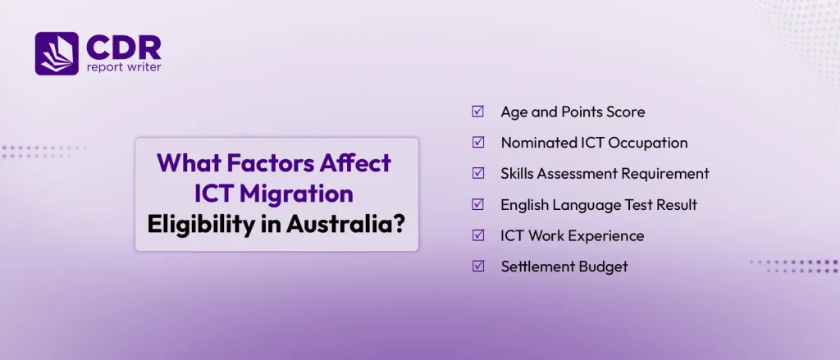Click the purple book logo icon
pyautogui.click(x=57, y=53)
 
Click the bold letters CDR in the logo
pyautogui.click(x=124, y=48)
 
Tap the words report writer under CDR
pyautogui.click(x=124, y=68)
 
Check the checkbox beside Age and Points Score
pyautogui.click(x=478, y=112)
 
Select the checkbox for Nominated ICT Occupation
pyautogui.click(x=478, y=143)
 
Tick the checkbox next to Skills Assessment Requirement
pyautogui.click(x=478, y=173)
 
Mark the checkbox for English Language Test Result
pyautogui.click(x=478, y=204)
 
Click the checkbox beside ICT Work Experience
pyautogui.click(x=478, y=235)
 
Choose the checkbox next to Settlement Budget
pyautogui.click(x=478, y=267)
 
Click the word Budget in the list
pyautogui.click(x=605, y=267)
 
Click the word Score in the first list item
pyautogui.click(x=626, y=112)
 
